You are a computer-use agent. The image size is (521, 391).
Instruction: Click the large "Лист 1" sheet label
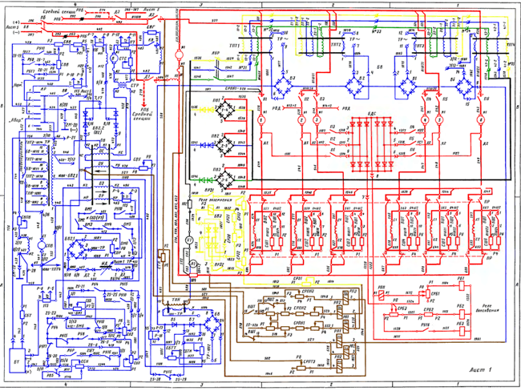[x=479, y=369]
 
